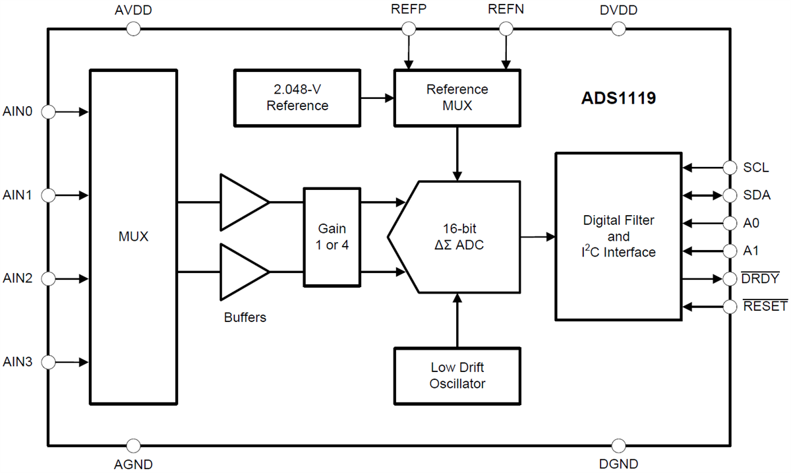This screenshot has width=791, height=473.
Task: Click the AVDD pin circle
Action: [x=133, y=28]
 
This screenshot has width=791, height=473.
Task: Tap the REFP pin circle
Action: [x=409, y=28]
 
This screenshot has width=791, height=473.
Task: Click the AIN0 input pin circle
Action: [x=48, y=112]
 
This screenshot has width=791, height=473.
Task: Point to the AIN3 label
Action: [x=18, y=362]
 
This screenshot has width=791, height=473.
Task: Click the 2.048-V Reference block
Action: [x=297, y=98]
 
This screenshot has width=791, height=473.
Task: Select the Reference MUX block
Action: [x=457, y=98]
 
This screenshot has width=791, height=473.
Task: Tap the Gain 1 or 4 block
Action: [x=332, y=237]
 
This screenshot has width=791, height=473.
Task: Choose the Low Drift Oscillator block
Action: [x=457, y=376]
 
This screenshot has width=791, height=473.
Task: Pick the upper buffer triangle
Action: [x=243, y=202]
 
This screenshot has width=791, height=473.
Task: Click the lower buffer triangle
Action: [x=243, y=272]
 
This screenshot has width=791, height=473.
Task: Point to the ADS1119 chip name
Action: [x=618, y=99]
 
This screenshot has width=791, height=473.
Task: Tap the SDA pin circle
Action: [x=730, y=195]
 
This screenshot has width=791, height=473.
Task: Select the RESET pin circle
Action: [x=730, y=307]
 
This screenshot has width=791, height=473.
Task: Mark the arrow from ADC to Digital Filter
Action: [x=537, y=237]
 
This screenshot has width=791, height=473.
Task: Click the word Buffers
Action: [x=245, y=317]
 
